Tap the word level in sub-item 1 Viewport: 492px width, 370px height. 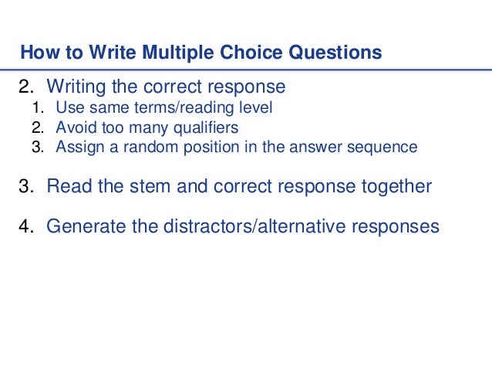pos(254,108)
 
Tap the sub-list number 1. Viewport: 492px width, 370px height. pos(35,108)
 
